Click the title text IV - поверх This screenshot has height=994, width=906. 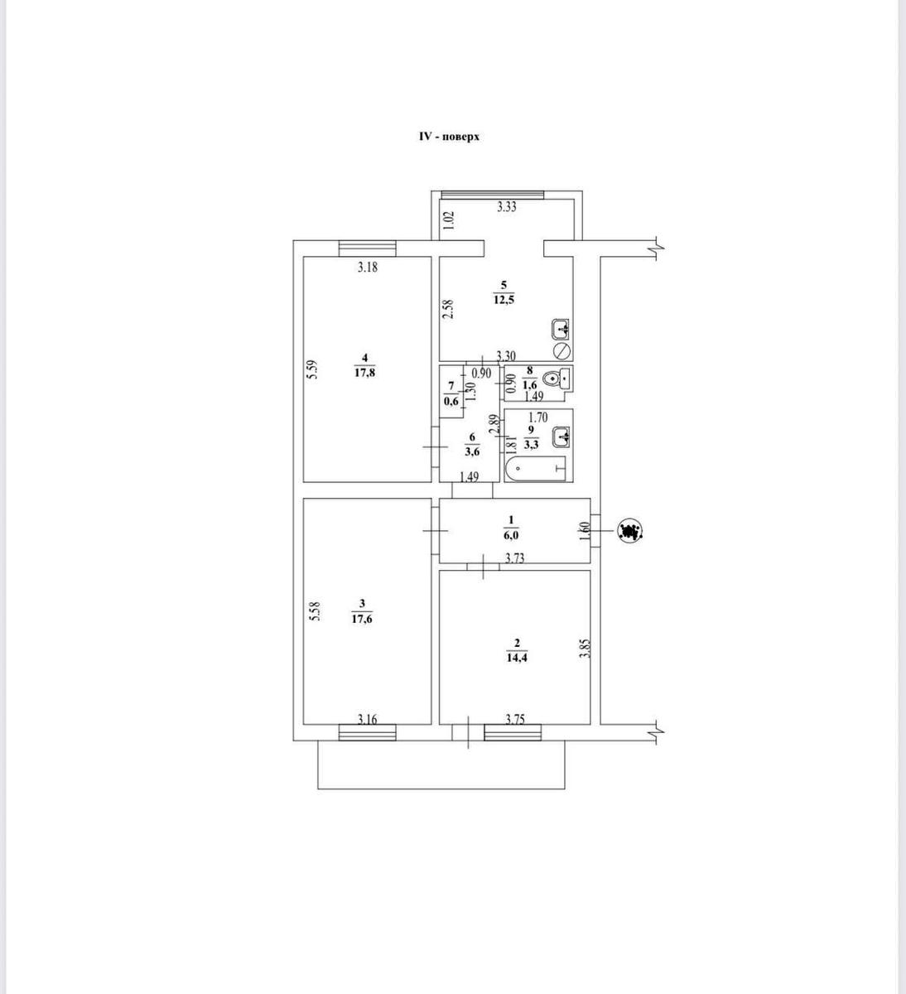(449, 137)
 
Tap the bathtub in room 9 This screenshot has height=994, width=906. (535, 468)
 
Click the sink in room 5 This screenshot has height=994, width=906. (561, 329)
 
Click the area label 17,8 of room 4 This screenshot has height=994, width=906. (364, 372)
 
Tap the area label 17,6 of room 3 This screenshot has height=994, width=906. (362, 619)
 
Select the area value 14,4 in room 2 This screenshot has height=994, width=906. (517, 658)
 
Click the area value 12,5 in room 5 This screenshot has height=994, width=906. (504, 300)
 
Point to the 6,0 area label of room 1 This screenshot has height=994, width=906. (511, 535)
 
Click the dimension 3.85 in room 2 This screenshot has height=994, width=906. (586, 647)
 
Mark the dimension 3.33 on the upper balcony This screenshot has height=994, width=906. (507, 207)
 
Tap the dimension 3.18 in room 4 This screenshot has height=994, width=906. (368, 268)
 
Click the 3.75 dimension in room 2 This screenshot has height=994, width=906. (515, 719)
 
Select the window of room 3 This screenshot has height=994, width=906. (367, 732)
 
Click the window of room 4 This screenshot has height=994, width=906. (367, 248)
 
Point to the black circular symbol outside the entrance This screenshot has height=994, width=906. (630, 531)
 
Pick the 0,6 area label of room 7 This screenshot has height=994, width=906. (451, 402)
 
